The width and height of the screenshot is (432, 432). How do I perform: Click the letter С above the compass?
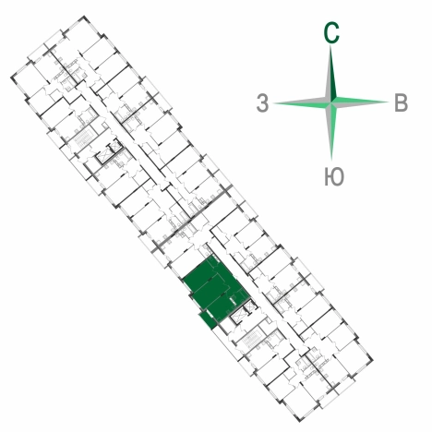(x=331, y=32)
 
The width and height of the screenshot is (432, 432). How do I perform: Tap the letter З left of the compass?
(x=262, y=103)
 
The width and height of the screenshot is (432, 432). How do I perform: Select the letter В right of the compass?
(x=401, y=102)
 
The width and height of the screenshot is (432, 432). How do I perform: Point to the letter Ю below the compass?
(x=334, y=176)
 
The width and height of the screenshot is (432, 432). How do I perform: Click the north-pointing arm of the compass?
(x=330, y=74)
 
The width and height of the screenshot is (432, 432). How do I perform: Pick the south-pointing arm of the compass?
(x=331, y=131)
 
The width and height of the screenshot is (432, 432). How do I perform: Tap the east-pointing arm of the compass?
(x=360, y=102)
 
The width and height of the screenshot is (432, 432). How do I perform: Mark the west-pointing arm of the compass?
(x=302, y=103)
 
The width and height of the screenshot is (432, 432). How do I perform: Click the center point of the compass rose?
(x=331, y=102)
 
